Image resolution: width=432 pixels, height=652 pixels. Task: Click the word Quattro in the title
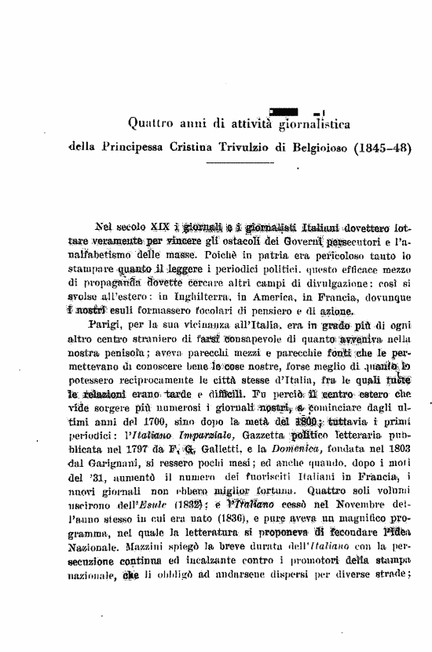point(151,122)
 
